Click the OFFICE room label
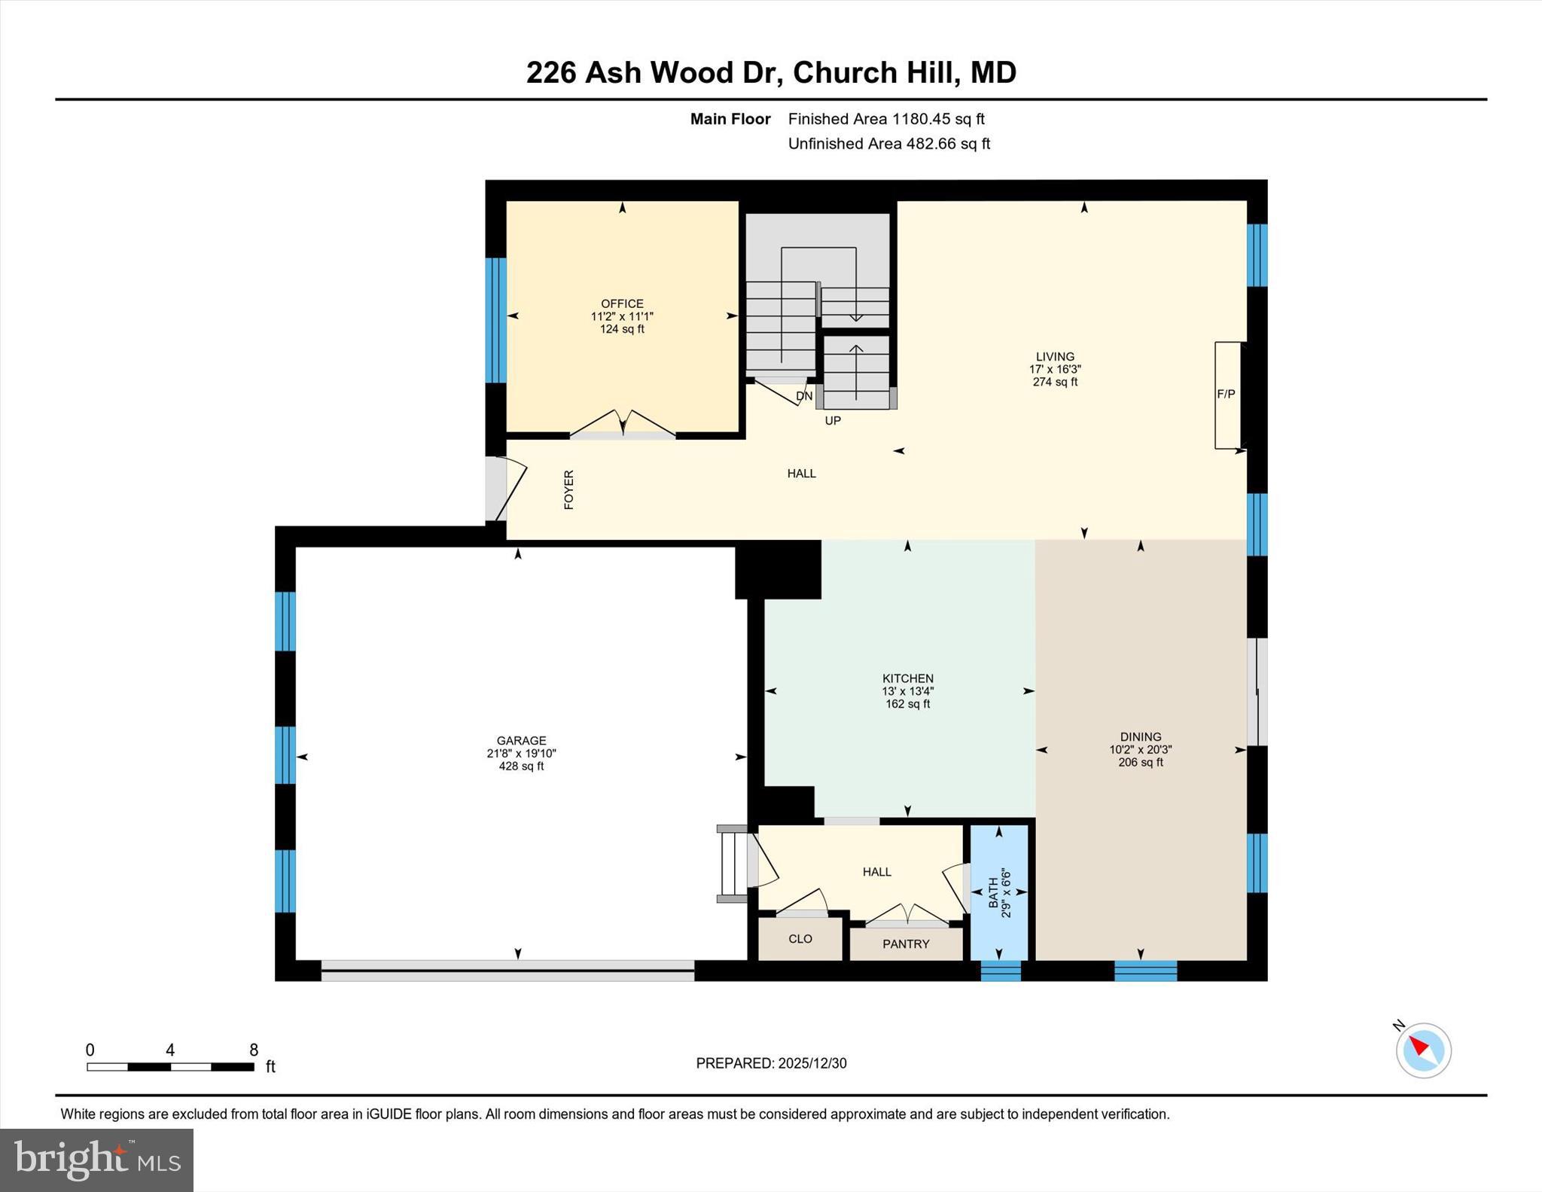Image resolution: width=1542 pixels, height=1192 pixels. click(x=622, y=303)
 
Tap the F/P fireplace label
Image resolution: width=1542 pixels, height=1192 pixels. click(x=1226, y=394)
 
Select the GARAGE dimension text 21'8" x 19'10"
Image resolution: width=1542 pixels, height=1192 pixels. click(x=521, y=753)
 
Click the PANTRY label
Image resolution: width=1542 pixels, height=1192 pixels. click(x=906, y=944)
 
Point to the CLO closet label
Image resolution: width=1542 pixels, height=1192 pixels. click(x=800, y=938)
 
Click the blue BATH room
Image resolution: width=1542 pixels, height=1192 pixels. click(x=999, y=892)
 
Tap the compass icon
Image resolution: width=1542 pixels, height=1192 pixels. click(x=1423, y=1050)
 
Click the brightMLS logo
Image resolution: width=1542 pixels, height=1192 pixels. click(x=96, y=1160)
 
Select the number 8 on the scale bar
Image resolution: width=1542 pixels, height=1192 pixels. click(x=254, y=1050)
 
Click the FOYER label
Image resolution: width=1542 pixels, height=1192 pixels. click(x=569, y=489)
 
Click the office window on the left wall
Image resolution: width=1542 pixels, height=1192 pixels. click(x=495, y=320)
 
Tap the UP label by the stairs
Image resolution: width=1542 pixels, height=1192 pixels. click(x=833, y=420)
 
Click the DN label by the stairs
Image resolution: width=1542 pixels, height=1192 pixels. click(x=804, y=395)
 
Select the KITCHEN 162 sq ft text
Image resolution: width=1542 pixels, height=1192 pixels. click(x=907, y=703)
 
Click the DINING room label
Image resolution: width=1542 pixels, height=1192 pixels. click(x=1140, y=736)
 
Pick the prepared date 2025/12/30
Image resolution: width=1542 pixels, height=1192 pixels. click(x=812, y=1062)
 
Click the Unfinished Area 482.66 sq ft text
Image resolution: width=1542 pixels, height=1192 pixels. click(x=888, y=143)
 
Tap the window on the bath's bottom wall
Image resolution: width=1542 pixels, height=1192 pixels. click(x=1001, y=971)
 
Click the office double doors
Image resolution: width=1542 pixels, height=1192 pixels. click(x=622, y=425)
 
